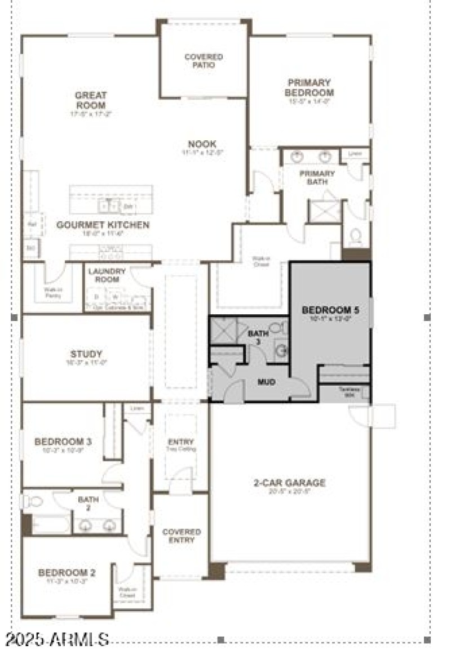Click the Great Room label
90,100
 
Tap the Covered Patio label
204,61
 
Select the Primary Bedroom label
309,88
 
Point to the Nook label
202,144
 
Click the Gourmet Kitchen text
103,225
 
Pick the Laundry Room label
107,275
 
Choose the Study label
86,354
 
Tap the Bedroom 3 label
63,441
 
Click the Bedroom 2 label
67,573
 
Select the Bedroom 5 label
330,310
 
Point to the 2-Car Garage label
289,483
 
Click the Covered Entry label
182,536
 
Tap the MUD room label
266,382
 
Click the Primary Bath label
317,177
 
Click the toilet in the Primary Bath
356,236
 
